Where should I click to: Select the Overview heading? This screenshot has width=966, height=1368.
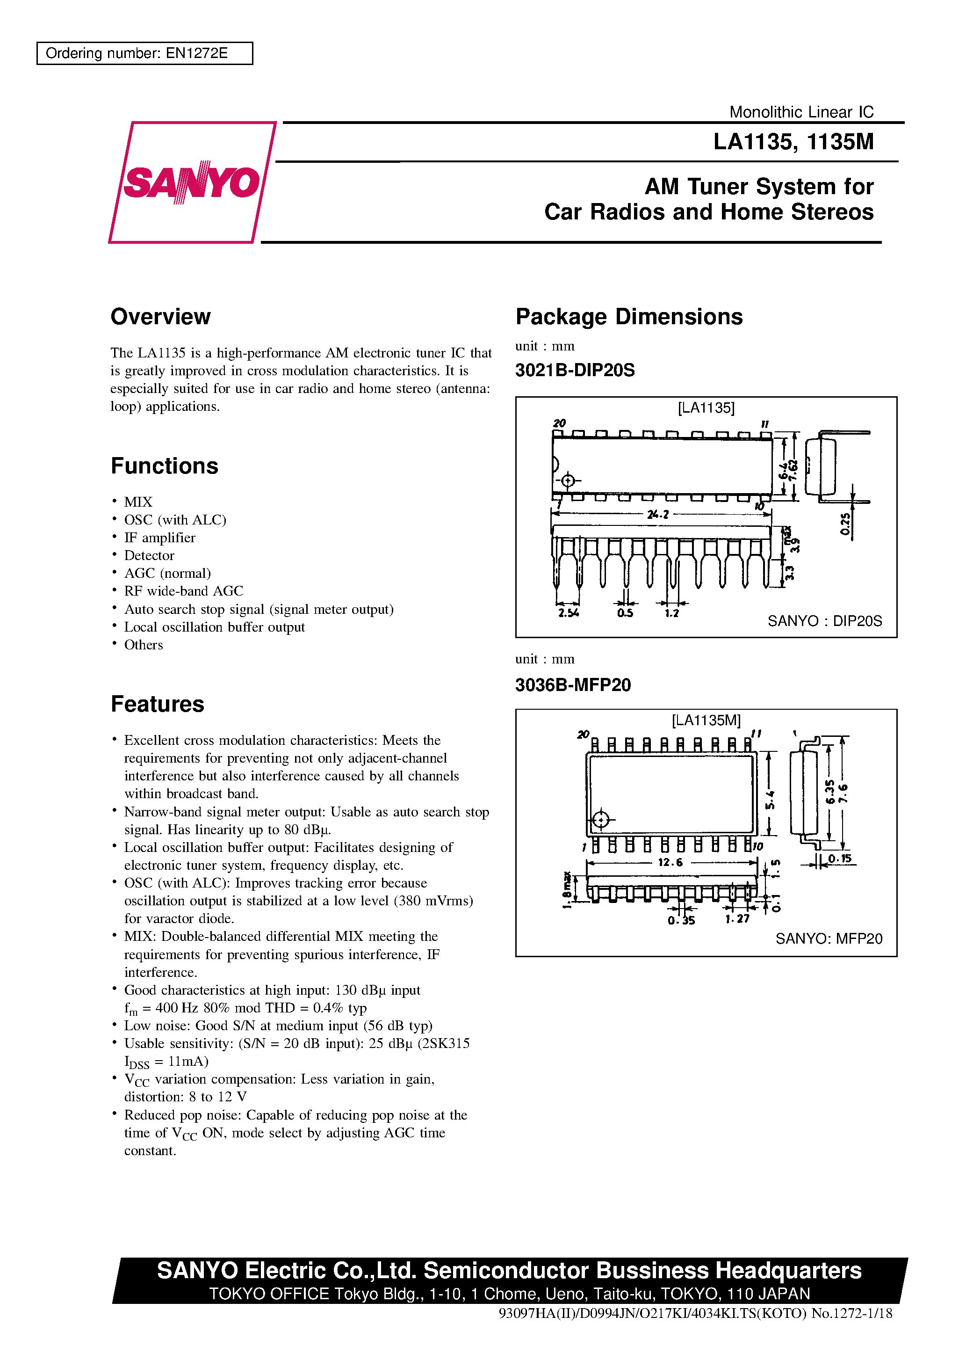pyautogui.click(x=160, y=316)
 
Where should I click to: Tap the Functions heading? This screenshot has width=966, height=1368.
pyautogui.click(x=165, y=466)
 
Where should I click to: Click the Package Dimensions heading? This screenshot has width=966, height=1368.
pyautogui.click(x=629, y=316)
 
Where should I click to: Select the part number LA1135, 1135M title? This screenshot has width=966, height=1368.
pyautogui.click(x=793, y=142)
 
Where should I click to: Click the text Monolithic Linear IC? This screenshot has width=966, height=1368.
pyautogui.click(x=801, y=112)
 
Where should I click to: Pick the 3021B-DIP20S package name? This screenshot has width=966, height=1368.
pyautogui.click(x=575, y=370)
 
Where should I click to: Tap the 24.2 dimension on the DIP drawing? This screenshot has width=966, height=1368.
pyautogui.click(x=658, y=514)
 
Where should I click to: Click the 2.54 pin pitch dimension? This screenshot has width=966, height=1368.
pyautogui.click(x=568, y=612)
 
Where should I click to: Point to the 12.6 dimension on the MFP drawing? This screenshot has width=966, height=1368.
pyautogui.click(x=670, y=862)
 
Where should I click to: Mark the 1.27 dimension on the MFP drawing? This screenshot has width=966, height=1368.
pyautogui.click(x=737, y=919)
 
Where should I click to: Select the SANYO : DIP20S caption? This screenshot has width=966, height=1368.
pyautogui.click(x=824, y=621)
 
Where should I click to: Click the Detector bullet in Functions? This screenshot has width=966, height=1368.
pyautogui.click(x=149, y=555)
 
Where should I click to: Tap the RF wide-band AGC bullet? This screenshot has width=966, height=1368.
pyautogui.click(x=183, y=591)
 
